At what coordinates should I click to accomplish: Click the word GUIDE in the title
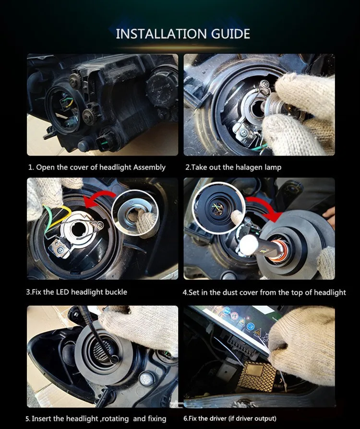(230, 34)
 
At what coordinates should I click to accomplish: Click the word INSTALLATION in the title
(161, 34)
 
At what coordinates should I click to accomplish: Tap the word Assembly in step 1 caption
(149, 167)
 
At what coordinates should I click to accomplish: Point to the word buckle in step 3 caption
(116, 292)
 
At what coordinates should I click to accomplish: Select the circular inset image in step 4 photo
(218, 208)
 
